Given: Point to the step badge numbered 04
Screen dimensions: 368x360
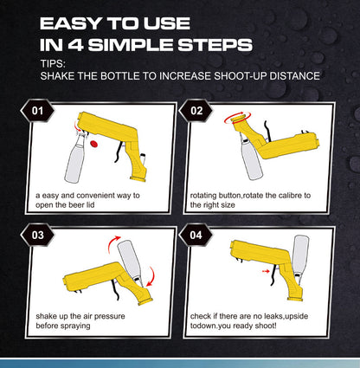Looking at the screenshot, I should point(196,235).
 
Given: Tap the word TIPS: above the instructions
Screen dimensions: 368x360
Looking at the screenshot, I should point(55,63).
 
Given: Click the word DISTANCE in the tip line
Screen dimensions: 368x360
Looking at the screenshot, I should point(292,76).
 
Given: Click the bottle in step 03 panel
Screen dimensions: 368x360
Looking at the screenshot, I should point(131,259).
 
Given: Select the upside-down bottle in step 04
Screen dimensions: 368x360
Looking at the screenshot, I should point(304,255).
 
